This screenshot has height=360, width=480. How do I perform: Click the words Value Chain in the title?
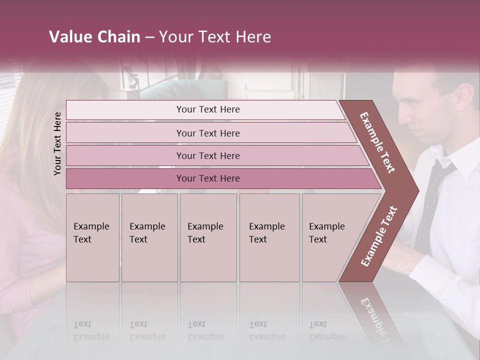pos(94,37)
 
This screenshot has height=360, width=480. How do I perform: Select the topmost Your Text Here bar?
pos(207,109)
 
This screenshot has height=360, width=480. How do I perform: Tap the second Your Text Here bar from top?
pos(207,133)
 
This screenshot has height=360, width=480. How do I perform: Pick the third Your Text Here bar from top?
pos(207,155)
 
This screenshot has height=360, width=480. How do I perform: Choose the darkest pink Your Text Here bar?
pos(207,178)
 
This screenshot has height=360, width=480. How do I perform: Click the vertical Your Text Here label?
pos(57,143)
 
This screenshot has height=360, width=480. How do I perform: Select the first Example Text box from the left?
pos(92,237)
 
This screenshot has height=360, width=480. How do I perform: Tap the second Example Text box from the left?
pos(149,237)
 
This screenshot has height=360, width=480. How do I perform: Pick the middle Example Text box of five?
pos(208,237)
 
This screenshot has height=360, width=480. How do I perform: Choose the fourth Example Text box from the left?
pos(269,237)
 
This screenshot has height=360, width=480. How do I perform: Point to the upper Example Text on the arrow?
pos(377,142)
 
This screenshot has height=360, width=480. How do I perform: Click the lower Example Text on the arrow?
pos(378,236)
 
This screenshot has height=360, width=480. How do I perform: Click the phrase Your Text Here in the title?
pos(215,37)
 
